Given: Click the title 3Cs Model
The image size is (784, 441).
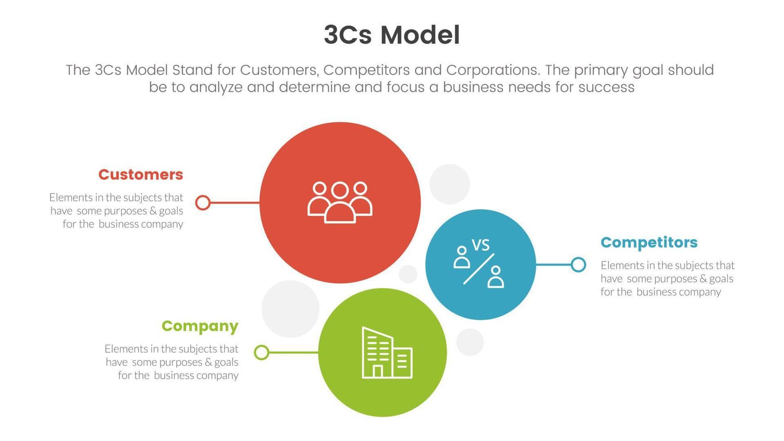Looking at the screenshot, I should pyautogui.click(x=392, y=35).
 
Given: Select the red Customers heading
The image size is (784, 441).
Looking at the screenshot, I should pyautogui.click(x=140, y=175).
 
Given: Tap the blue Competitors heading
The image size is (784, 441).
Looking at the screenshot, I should pyautogui.click(x=649, y=243).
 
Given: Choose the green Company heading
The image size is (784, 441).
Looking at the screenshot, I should pyautogui.click(x=200, y=326).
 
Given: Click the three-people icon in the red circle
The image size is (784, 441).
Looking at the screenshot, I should pyautogui.click(x=340, y=202).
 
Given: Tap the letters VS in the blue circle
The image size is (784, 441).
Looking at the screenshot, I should pyautogui.click(x=480, y=245).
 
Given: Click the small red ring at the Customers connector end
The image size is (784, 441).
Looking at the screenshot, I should pyautogui.click(x=203, y=202).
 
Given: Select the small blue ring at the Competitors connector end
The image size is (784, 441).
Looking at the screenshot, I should pyautogui.click(x=578, y=265).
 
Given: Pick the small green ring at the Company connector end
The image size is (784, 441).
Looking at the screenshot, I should pyautogui.click(x=261, y=352).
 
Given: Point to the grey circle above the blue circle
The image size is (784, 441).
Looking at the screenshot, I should pyautogui.click(x=450, y=184).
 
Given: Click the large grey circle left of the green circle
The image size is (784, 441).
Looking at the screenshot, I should pyautogui.click(x=290, y=309).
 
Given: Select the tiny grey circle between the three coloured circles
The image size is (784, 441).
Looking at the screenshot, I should pyautogui.click(x=408, y=274).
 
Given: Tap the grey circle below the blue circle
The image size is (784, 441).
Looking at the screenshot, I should pyautogui.click(x=470, y=342).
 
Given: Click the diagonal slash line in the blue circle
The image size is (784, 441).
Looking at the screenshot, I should pyautogui.click(x=479, y=269).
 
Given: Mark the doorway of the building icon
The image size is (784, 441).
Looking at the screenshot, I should pyautogui.click(x=378, y=371).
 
